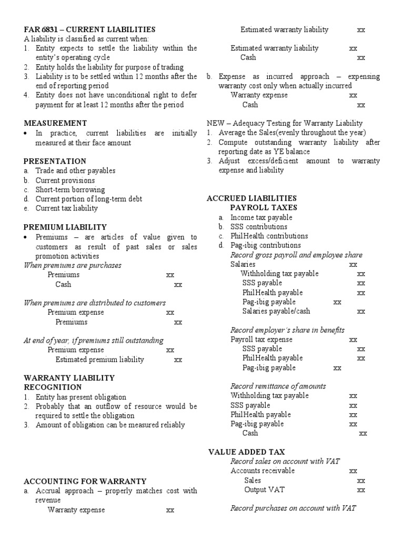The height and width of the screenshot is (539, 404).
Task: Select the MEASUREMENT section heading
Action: [56, 123]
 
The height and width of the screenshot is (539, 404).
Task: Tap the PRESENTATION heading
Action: [55, 161]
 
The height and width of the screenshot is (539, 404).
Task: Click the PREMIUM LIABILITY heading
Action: [65, 227]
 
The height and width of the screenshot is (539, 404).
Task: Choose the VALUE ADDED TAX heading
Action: [247, 452]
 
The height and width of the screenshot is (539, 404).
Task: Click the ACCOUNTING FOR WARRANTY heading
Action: [85, 481]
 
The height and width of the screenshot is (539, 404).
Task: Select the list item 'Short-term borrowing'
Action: [70, 189]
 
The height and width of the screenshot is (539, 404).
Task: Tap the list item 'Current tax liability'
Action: [66, 208]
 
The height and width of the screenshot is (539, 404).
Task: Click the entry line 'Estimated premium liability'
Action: [99, 360]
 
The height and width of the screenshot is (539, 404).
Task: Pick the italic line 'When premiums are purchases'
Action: [73, 265]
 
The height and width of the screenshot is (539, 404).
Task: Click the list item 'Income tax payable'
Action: [261, 217]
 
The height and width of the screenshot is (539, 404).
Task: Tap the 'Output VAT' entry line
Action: [265, 490]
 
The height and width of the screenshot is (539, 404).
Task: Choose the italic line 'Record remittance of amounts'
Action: [278, 386]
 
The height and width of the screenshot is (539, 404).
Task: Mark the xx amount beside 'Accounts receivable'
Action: [353, 471]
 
